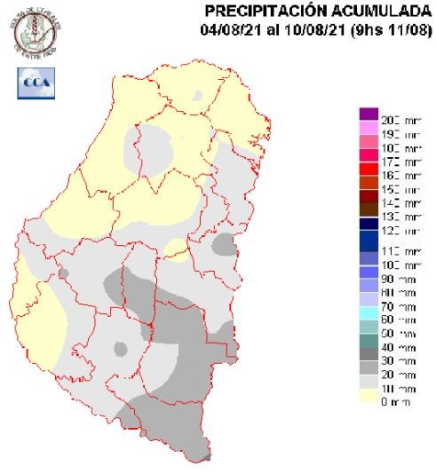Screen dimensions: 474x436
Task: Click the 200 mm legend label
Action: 394,120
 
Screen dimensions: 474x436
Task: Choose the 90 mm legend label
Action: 394,279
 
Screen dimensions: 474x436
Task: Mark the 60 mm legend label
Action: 394,319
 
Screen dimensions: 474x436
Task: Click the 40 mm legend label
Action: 394,346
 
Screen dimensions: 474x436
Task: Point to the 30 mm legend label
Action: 394,360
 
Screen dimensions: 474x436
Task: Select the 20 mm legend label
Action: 394,375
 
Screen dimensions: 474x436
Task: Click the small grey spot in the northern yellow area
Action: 198,92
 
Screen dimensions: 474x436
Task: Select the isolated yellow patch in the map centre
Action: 177,249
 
